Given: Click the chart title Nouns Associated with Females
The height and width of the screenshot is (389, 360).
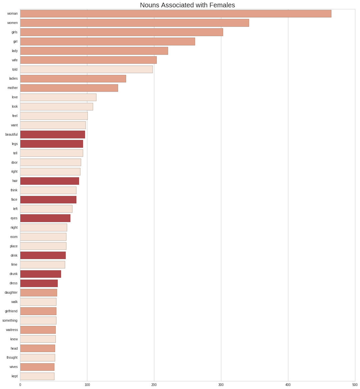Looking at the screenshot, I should point(187,5).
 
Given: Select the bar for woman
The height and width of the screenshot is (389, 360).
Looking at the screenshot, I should point(176,14).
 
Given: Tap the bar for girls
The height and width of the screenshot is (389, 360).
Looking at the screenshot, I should point(121,32).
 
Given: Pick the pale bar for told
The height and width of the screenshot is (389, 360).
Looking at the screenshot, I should point(86,69).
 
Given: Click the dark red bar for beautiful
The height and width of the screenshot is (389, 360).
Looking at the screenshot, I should point(53,135).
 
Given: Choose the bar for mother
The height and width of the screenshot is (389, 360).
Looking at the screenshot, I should point(69,88).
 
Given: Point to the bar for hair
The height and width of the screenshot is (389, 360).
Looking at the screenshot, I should point(50,181).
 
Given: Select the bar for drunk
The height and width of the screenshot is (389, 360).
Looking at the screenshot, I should point(41,274).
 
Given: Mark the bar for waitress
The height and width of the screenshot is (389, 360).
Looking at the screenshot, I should point(38,330).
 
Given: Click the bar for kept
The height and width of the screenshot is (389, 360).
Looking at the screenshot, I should point(37,376).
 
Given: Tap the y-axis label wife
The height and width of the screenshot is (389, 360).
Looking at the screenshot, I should point(15,60).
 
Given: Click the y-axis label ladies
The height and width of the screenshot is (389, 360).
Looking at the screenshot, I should point(13,79).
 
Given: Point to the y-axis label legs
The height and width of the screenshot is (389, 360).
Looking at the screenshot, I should point(15,144).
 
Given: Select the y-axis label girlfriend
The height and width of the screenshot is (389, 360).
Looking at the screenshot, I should point(11,311).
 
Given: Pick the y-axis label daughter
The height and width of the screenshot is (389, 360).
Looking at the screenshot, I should point(11,293).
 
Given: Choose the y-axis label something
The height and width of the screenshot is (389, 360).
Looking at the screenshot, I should point(10,321).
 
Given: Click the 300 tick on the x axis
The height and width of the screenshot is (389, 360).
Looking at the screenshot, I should point(221,385).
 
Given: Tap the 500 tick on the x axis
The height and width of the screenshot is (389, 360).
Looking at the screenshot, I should point(355,385).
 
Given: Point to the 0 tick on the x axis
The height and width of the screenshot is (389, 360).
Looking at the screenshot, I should point(20,385).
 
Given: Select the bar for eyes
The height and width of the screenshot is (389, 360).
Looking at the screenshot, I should point(45,218).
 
